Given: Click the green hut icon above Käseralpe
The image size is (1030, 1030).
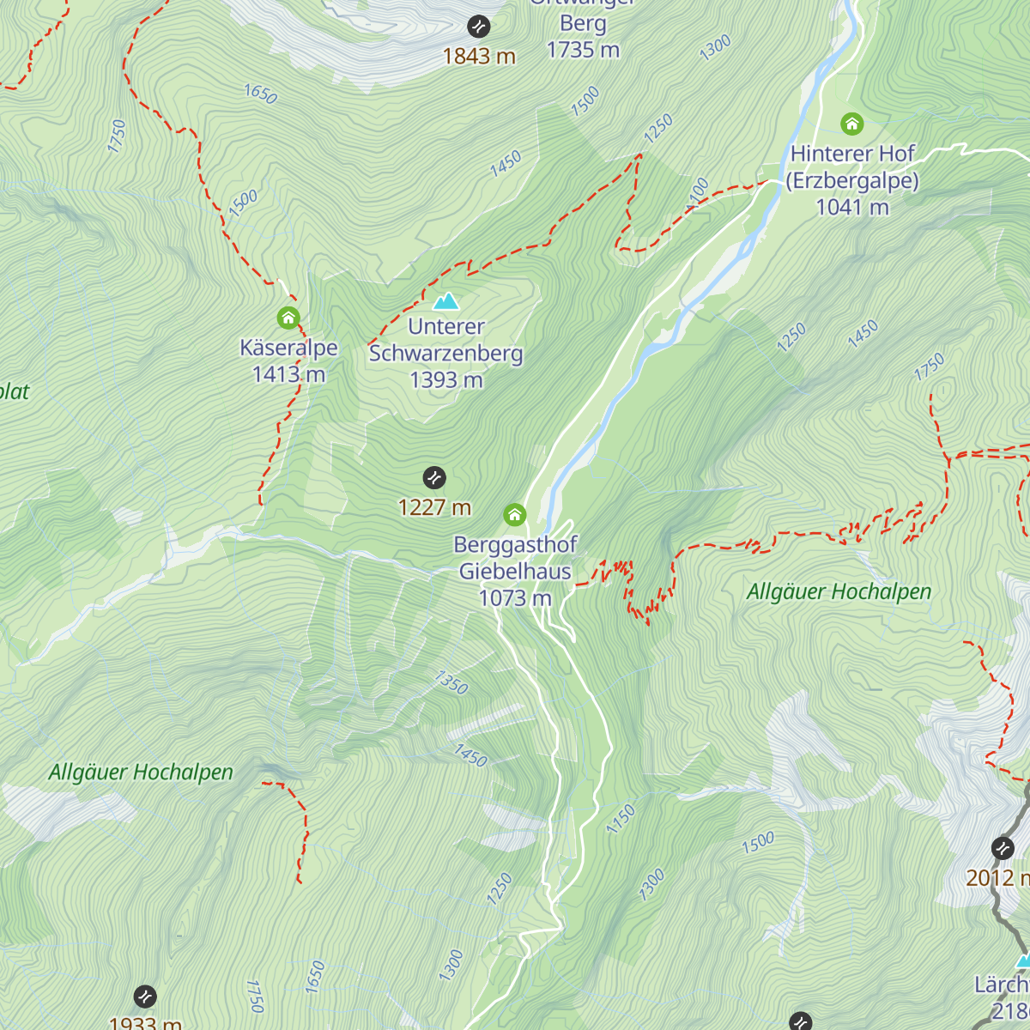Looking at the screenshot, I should (288, 318).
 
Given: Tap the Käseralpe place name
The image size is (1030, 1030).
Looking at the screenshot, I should (288, 348).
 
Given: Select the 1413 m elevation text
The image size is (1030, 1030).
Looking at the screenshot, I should (288, 374).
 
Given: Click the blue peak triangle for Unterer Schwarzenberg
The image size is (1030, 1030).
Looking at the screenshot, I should (445, 301).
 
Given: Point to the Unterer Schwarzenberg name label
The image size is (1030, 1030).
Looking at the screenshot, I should (445, 340).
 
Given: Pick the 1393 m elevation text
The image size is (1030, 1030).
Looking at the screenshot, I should (445, 379).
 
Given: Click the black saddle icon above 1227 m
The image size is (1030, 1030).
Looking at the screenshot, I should (434, 477).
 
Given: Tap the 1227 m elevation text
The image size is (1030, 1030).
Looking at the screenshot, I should (434, 507).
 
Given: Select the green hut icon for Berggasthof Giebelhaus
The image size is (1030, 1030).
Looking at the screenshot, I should (514, 515).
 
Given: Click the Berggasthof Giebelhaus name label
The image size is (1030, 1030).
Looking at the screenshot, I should (515, 558).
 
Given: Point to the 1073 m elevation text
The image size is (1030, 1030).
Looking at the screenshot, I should (515, 598).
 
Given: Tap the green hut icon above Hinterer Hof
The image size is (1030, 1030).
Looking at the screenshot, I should (851, 124).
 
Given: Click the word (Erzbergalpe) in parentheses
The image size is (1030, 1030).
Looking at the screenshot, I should (852, 181).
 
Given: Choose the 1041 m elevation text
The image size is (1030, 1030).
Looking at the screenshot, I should (852, 207).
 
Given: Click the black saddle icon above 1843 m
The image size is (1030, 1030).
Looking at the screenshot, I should (479, 27).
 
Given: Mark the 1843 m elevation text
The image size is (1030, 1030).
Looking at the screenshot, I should (479, 57).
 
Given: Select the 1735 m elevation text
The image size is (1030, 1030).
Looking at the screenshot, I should (583, 50).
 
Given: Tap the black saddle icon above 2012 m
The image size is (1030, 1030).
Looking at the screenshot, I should (1003, 848).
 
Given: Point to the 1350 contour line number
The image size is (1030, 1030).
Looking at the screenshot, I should (451, 683).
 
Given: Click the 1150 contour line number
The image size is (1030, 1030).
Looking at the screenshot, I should (621, 819).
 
